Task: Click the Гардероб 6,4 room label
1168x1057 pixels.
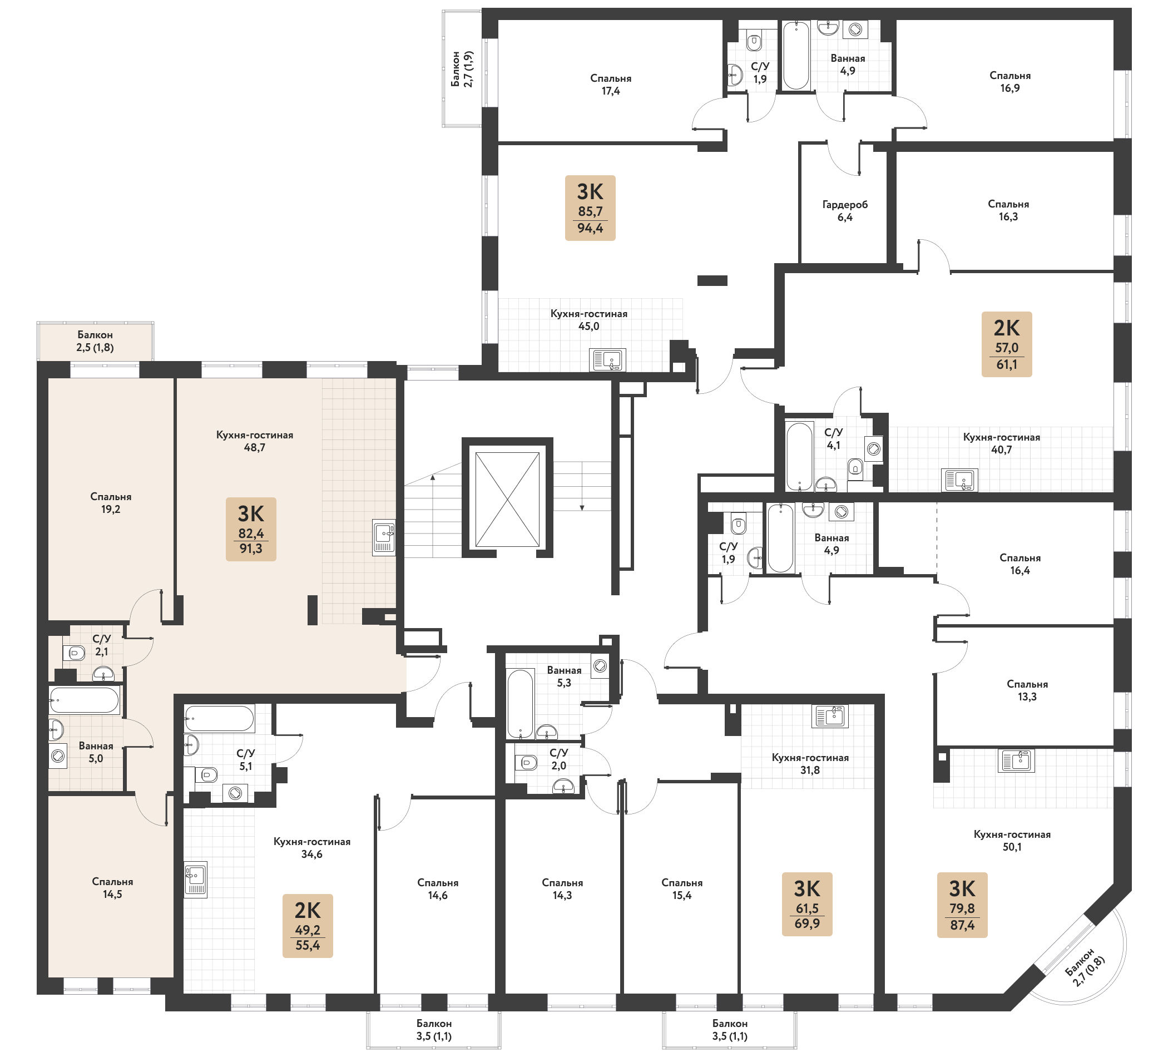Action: [845, 211]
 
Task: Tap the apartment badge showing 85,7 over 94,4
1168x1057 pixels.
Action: [590, 208]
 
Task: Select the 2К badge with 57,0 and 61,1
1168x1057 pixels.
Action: [1006, 344]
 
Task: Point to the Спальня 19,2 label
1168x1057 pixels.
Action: [111, 503]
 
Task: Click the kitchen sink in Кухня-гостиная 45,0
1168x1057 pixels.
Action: [608, 360]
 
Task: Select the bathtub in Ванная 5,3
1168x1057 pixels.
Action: [520, 704]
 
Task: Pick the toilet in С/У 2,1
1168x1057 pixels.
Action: [75, 653]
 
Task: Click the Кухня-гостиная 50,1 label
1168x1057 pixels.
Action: [1012, 840]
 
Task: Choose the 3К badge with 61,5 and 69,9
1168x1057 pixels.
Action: [807, 904]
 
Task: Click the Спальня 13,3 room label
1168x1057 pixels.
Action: [1027, 690]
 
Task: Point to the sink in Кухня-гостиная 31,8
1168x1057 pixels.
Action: [830, 717]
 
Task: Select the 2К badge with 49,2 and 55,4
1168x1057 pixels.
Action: [308, 926]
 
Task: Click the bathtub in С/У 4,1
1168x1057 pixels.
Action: [800, 457]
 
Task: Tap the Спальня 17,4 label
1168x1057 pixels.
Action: [611, 85]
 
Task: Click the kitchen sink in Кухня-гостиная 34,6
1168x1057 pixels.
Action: [196, 880]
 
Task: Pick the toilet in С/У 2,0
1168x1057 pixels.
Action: [527, 763]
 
